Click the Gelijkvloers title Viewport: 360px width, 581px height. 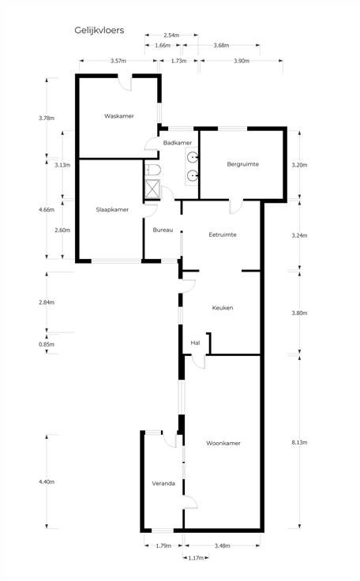(x=99, y=30)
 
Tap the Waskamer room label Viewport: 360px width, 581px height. (x=119, y=116)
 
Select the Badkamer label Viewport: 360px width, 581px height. (x=178, y=143)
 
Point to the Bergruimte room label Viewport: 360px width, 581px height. (x=243, y=164)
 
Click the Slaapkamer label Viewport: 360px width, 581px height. (x=112, y=210)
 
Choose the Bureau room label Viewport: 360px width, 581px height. (x=163, y=230)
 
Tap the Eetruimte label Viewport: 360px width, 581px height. (x=223, y=234)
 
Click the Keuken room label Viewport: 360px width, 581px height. (x=223, y=308)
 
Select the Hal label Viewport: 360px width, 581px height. (x=195, y=343)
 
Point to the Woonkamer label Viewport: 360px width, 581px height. (x=223, y=443)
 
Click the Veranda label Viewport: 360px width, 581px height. (x=163, y=484)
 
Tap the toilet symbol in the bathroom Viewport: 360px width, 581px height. (x=152, y=170)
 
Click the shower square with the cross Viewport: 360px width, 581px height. (x=152, y=189)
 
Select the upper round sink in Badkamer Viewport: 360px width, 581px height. (x=193, y=157)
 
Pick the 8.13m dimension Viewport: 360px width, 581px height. (x=299, y=442)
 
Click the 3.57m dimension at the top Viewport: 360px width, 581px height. (x=118, y=61)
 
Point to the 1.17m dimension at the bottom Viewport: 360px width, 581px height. (x=196, y=558)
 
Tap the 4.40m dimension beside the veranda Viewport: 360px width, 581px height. (x=47, y=482)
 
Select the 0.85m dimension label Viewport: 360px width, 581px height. (x=47, y=344)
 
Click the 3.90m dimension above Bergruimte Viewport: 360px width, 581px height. (x=242, y=61)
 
